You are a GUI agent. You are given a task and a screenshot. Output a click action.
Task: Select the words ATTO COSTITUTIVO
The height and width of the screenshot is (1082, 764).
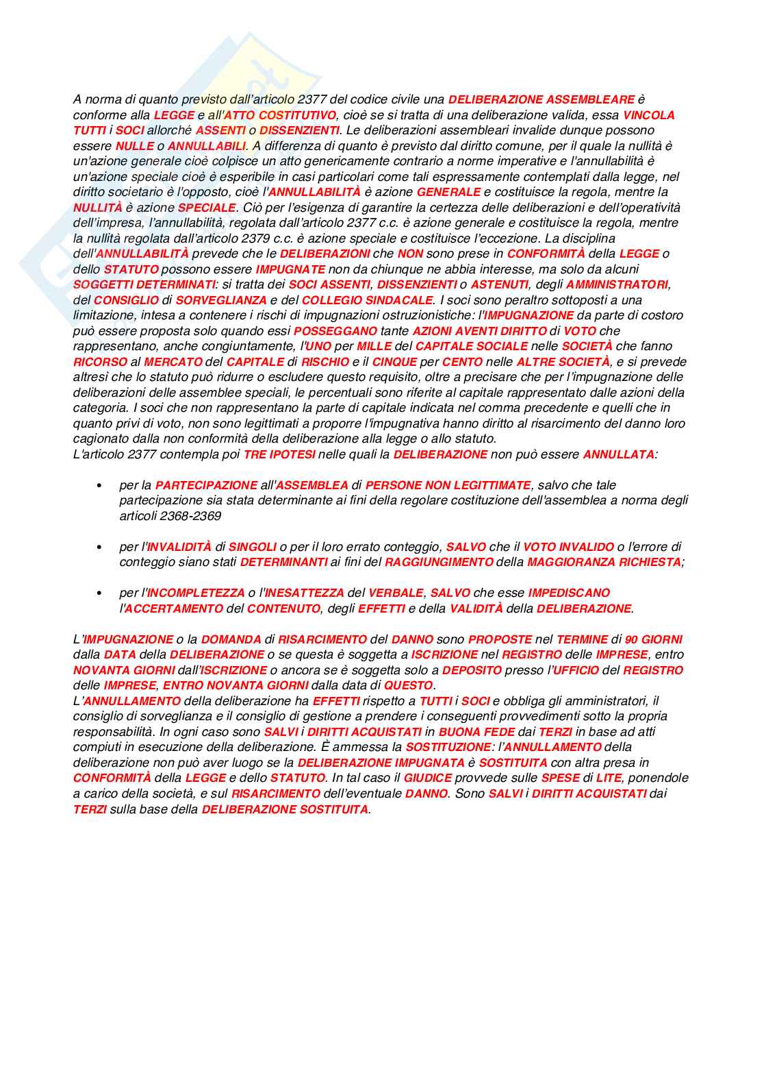(280, 115)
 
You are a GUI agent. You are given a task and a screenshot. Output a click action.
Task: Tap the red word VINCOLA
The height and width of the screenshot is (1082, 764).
(648, 115)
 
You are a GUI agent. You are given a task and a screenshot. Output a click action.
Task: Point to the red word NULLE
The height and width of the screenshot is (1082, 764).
(134, 146)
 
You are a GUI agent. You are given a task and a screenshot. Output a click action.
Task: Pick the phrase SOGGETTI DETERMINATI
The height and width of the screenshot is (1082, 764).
(144, 284)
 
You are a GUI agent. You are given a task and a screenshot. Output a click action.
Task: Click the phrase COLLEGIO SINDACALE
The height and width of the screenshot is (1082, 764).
(367, 300)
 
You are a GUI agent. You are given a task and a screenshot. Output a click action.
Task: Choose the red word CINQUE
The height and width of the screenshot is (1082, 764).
(394, 362)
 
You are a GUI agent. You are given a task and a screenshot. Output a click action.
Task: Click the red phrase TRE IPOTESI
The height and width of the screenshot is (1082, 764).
(279, 454)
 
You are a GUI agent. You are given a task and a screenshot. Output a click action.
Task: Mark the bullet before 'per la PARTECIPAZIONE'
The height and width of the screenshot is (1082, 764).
(100, 486)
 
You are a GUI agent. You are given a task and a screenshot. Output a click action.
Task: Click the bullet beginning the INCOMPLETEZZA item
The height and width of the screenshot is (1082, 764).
(100, 593)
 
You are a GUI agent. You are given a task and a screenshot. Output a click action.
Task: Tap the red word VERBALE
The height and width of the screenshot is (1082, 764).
(396, 593)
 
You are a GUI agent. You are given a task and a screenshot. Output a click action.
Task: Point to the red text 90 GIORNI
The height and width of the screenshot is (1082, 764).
(653, 639)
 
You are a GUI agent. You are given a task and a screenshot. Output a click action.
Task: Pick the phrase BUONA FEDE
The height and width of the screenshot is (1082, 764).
(476, 732)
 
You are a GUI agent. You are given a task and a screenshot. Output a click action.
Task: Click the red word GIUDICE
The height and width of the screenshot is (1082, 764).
(427, 778)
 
